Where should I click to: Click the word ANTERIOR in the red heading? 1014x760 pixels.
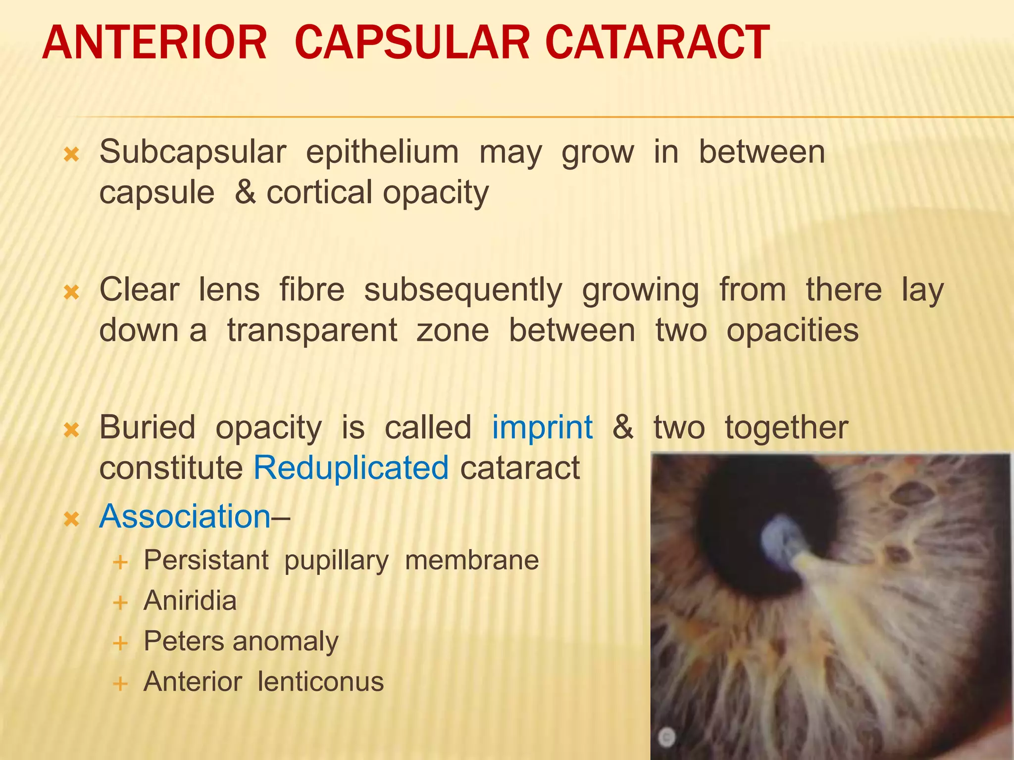(154, 44)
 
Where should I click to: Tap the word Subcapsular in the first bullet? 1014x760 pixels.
(193, 152)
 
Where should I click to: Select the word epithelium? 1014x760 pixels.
(382, 152)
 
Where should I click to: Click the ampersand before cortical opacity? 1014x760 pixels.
(245, 192)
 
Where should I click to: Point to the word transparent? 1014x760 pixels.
(312, 331)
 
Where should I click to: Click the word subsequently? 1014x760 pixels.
(463, 290)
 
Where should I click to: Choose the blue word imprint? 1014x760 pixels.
(542, 427)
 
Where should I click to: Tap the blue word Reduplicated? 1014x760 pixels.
(351, 468)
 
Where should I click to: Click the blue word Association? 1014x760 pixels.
(185, 517)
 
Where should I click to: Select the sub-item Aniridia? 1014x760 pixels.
(190, 601)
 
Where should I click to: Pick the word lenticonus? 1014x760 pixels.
(320, 682)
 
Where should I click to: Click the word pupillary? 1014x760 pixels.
(336, 561)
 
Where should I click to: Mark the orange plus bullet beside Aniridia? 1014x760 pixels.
(120, 603)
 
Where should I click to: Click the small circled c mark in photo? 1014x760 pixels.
(667, 737)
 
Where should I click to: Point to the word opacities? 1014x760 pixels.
(792, 331)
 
